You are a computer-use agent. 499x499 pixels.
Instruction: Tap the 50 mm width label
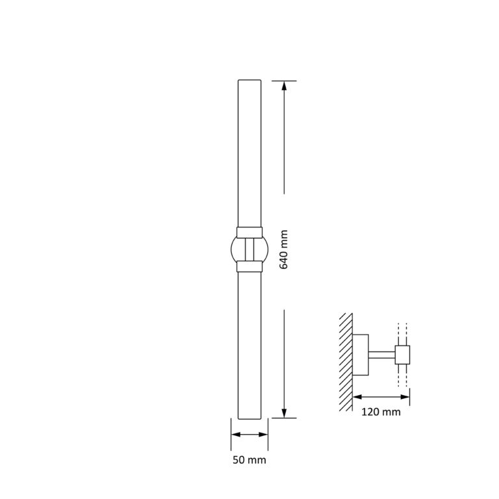[249, 459]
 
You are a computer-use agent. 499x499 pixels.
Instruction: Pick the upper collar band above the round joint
[249, 231]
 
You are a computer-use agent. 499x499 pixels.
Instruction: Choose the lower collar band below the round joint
[249, 265]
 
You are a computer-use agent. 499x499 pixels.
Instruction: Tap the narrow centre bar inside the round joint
[249, 248]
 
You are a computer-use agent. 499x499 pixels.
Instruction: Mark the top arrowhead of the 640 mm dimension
[284, 85]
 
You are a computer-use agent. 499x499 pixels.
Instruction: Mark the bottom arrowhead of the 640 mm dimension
[284, 413]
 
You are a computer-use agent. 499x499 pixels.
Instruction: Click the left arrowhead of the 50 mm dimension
[235, 434]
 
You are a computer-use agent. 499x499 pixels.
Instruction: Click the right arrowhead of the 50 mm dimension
[264, 434]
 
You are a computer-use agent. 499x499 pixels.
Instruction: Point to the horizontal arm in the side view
[382, 354]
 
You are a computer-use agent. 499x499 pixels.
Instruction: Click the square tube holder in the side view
[403, 354]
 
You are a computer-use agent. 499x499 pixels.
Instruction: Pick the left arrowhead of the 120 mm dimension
[357, 396]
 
